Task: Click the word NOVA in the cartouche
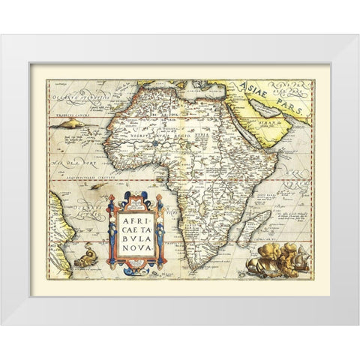[x=136, y=250]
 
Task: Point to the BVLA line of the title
[x=136, y=237]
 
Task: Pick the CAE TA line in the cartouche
[x=136, y=223]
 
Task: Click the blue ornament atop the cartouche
[x=136, y=198]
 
